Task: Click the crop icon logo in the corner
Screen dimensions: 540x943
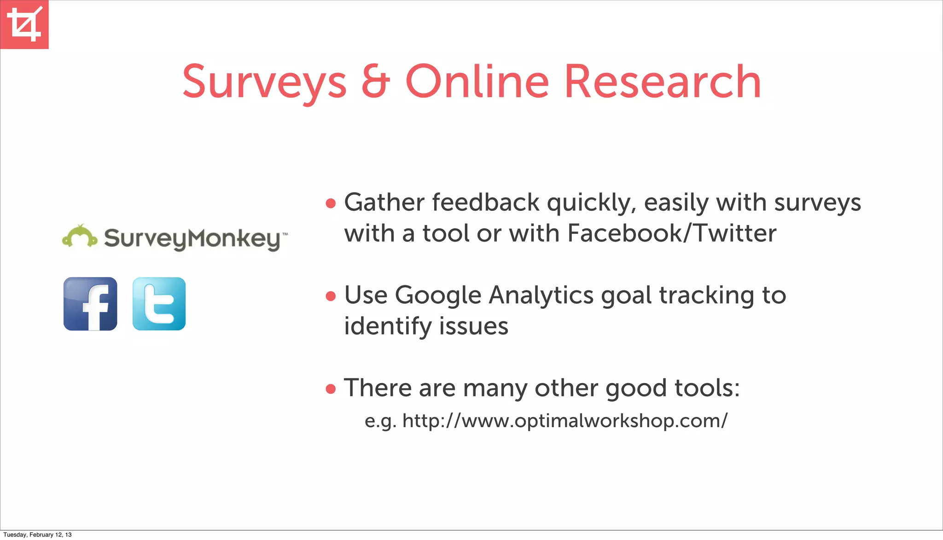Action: click(x=24, y=24)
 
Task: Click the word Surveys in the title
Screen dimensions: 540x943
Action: click(x=264, y=82)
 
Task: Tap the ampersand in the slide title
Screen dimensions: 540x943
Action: click(x=376, y=82)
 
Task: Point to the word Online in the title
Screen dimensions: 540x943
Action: click(x=477, y=82)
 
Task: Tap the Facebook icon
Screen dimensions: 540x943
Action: click(x=90, y=304)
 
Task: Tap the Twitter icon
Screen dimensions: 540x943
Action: click(x=159, y=304)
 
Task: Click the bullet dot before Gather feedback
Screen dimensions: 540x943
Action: click(x=331, y=203)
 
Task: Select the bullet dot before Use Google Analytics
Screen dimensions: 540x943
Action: click(x=331, y=296)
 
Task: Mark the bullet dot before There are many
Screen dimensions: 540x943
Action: click(x=331, y=389)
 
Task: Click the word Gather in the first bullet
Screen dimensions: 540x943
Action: click(x=384, y=203)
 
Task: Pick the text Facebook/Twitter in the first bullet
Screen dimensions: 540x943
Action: click(x=672, y=233)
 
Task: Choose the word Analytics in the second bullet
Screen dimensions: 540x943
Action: click(x=541, y=296)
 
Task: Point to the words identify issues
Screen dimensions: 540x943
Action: click(x=426, y=326)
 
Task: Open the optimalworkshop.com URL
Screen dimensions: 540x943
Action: click(x=565, y=421)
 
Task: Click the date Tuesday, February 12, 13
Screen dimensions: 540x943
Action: click(x=37, y=534)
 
